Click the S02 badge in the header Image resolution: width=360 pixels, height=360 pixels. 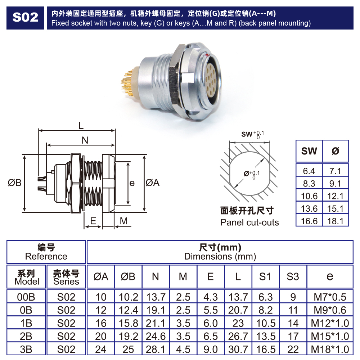pyautogui.click(x=25, y=18)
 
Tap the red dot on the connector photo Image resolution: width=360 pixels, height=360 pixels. pyautogui.click(x=207, y=55)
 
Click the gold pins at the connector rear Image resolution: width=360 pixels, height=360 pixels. pyautogui.click(x=128, y=83)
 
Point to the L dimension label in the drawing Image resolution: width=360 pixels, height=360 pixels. pyautogui.click(x=81, y=126)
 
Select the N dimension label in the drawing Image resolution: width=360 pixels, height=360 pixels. pyautogui.click(x=85, y=140)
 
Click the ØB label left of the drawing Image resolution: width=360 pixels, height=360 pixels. pyautogui.click(x=14, y=183)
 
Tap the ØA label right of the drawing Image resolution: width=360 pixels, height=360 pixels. pyautogui.click(x=153, y=183)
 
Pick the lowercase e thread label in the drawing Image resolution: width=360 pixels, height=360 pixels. pyautogui.click(x=132, y=183)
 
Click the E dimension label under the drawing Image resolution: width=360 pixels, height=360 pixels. pyautogui.click(x=93, y=221)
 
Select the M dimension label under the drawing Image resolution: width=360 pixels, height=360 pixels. pyautogui.click(x=123, y=221)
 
